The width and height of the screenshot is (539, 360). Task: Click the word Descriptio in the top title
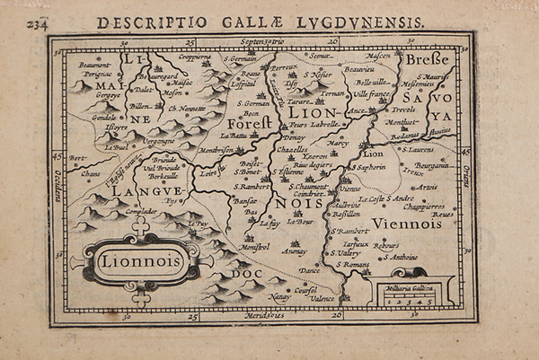point(133,21)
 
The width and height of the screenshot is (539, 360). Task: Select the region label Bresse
point(426,59)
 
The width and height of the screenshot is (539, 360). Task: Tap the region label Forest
point(248,123)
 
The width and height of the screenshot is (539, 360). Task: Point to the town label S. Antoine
point(400,257)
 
